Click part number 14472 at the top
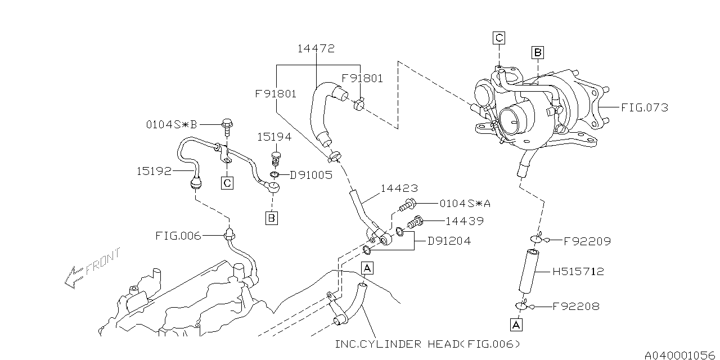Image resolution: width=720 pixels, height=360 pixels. coord(316,49)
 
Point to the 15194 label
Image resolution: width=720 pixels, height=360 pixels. coord(274,137)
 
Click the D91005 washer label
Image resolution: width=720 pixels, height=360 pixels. coord(311,175)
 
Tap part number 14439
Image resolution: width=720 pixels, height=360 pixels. coord(465,221)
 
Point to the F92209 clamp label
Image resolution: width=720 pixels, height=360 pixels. coord(587,241)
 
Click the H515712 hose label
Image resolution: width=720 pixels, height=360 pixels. coord(578,272)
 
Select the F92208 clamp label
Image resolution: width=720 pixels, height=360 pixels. coord(576,307)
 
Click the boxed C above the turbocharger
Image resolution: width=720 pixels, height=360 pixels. coord(498,38)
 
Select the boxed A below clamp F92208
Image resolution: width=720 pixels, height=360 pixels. coord(516,325)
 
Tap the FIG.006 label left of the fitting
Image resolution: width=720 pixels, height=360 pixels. coord(178,236)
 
